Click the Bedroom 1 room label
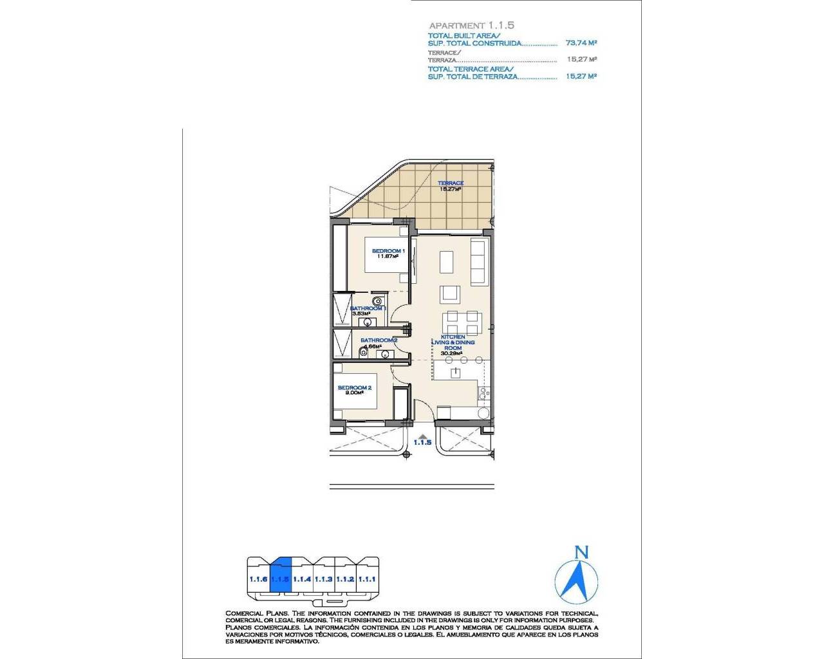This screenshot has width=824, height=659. point(388,251)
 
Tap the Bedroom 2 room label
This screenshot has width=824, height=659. point(355,387)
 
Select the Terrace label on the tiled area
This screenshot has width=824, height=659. point(451,183)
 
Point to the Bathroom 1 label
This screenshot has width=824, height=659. point(367,308)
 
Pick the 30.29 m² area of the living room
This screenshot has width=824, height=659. point(451,353)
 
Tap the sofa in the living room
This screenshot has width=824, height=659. point(478,262)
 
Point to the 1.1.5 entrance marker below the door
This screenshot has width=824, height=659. point(422,442)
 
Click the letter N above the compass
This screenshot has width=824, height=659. point(581,552)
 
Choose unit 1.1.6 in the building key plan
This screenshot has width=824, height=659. point(258,579)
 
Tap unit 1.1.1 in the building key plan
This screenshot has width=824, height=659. point(367,579)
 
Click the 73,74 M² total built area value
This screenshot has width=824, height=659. point(581,43)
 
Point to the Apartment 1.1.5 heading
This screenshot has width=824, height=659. point(471,25)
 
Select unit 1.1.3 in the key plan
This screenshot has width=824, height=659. point(324,579)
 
